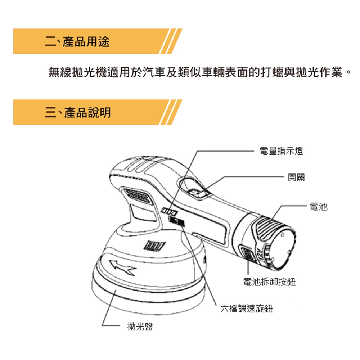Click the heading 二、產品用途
(77, 41)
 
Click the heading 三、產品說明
(78, 112)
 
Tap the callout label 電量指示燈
(281, 151)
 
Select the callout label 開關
(296, 177)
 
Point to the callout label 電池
(319, 206)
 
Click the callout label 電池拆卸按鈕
(269, 282)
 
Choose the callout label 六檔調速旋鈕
(247, 309)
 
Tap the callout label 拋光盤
(140, 326)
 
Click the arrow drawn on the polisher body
(122, 267)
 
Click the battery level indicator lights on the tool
(169, 211)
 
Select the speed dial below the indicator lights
(176, 221)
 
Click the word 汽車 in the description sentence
(154, 72)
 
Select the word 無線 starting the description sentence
(60, 72)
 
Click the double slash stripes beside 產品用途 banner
(171, 41)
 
